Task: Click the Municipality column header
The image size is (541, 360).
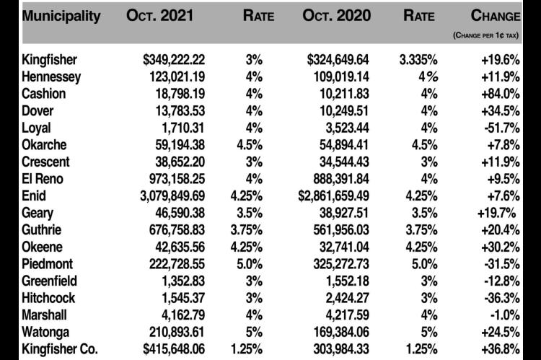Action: [x=61, y=16]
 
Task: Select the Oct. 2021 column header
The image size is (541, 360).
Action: [x=159, y=16]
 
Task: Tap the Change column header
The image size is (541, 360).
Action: [x=496, y=16]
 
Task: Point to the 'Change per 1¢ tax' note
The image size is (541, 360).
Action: [x=485, y=35]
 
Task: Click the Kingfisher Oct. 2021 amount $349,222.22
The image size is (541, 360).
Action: [x=174, y=60]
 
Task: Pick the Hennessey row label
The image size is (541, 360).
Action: [x=51, y=77]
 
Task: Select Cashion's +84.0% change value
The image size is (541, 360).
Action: [x=501, y=94]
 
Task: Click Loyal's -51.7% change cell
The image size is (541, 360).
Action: [x=502, y=128]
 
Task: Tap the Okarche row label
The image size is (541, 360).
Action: [x=44, y=145]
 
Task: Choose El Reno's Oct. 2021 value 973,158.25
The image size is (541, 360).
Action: [x=177, y=179]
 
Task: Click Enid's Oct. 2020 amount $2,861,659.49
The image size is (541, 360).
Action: [x=334, y=196]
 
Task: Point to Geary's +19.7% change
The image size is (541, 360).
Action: [x=496, y=213]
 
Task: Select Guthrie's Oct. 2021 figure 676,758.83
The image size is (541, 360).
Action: [x=177, y=230]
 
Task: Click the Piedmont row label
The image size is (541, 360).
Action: [x=48, y=264]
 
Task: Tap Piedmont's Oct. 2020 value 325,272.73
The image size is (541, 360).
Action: [x=341, y=264]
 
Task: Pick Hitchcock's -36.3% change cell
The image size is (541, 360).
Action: [x=502, y=298]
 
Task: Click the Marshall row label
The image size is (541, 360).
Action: [x=44, y=315]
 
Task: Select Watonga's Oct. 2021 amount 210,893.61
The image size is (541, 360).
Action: [x=177, y=332]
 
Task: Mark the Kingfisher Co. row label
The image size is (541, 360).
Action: [x=60, y=349]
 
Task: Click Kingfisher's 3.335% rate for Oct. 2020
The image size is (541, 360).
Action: [x=418, y=60]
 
